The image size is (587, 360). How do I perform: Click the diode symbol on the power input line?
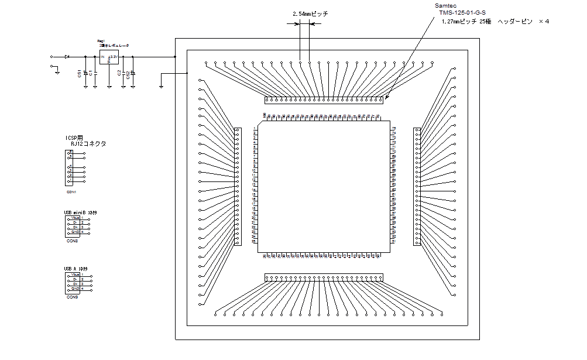(67, 57)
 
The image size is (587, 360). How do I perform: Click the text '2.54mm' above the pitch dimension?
(301, 13)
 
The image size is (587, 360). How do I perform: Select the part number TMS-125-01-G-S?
(463, 12)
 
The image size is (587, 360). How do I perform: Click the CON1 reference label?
(71, 191)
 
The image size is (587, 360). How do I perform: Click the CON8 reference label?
(71, 240)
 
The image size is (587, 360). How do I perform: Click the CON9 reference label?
(71, 297)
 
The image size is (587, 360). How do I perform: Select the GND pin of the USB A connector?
(75, 289)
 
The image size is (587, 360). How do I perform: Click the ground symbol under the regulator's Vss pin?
(109, 87)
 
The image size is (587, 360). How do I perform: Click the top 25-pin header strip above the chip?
(324, 100)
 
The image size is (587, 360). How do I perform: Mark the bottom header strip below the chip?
(324, 277)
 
